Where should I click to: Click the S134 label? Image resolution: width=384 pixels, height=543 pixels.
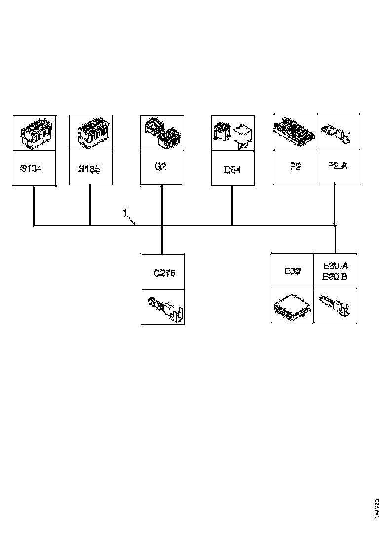31,169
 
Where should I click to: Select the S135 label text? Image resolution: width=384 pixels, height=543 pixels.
89,169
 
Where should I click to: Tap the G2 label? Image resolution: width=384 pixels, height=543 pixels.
160,166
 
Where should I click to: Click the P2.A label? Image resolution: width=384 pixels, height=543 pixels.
337,166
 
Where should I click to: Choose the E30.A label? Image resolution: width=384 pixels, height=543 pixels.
335,266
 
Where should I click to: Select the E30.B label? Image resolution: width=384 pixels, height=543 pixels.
335,277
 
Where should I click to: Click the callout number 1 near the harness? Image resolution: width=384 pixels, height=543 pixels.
125,213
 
